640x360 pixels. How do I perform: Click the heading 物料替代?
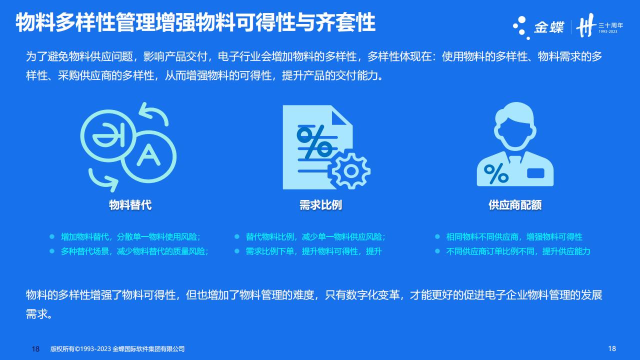coord(130,205)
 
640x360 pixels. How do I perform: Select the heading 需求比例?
coord(320,205)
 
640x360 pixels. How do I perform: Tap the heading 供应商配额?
coord(515,205)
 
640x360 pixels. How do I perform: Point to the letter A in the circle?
coord(148,155)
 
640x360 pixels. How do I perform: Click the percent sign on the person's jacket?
coord(496,173)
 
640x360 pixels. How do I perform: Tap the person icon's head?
coord(515,125)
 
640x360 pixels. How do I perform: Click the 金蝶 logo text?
coord(549,27)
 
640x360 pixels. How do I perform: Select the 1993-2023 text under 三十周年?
coord(608,31)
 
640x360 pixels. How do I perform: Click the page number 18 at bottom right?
coord(612,348)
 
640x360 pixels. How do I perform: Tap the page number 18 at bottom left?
coord(35,349)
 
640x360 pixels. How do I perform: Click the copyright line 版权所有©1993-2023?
coord(80,349)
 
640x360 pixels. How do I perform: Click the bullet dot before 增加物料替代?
coord(52,236)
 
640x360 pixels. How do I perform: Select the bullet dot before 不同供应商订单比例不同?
coord(437,251)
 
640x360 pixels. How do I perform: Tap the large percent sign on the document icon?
coord(315,141)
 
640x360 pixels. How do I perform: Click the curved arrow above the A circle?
coord(153,114)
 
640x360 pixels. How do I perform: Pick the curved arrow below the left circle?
coord(103,179)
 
